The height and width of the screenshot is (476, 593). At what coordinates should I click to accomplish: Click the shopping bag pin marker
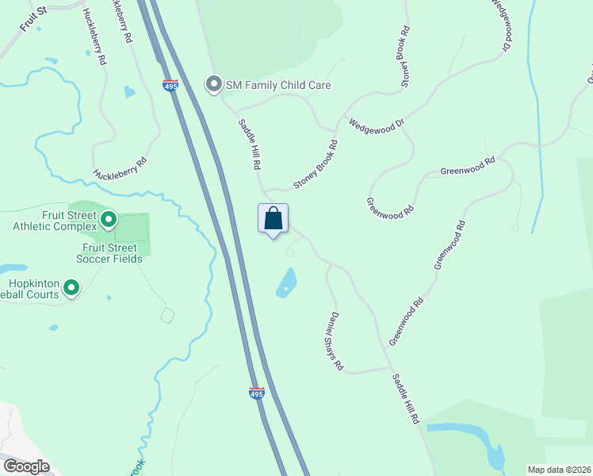[x=273, y=219]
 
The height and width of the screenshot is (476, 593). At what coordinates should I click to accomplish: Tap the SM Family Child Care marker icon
[x=213, y=84]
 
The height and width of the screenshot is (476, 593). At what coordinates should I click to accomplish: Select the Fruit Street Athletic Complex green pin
[x=109, y=217]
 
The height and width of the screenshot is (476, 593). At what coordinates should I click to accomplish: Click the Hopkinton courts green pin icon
[x=71, y=287]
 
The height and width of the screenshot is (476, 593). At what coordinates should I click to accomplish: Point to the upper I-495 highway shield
[x=170, y=86]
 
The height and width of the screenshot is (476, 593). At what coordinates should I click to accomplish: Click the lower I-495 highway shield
[x=256, y=393]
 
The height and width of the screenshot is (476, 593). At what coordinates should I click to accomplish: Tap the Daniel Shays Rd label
[x=332, y=342]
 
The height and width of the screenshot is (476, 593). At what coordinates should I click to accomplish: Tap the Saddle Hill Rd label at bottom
[x=405, y=399]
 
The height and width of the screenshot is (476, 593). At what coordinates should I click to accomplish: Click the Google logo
[x=25, y=466]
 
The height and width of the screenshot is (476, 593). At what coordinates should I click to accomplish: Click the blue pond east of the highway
[x=286, y=282]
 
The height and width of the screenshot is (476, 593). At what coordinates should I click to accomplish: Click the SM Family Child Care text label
[x=277, y=85]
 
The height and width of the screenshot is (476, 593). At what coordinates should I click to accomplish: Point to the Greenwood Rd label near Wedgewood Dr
[x=468, y=165]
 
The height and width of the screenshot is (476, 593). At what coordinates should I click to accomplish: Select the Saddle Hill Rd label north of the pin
[x=250, y=144]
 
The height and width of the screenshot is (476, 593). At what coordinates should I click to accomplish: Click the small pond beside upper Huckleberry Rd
[x=129, y=91]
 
